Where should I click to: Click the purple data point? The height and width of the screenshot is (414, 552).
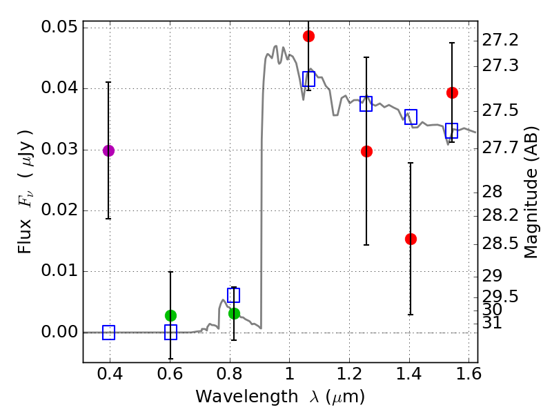(x=108, y=150)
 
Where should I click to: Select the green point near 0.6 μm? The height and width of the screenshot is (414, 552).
(x=170, y=315)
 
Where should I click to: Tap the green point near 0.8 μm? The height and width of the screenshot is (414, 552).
(x=234, y=313)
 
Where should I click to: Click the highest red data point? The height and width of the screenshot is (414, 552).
(x=308, y=36)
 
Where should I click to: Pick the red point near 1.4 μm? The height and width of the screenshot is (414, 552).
(x=411, y=239)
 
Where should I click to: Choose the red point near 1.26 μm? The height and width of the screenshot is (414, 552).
(x=366, y=151)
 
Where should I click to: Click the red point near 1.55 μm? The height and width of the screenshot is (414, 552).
(x=452, y=92)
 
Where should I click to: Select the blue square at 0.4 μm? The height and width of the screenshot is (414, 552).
(x=108, y=333)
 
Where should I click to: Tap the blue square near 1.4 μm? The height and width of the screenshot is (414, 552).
(x=411, y=116)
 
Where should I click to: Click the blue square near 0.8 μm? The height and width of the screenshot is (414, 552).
(x=233, y=295)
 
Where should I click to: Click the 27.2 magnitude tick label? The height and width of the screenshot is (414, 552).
(x=502, y=41)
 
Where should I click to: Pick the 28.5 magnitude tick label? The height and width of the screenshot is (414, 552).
(x=502, y=243)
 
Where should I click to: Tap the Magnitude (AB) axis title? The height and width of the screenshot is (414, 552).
(x=531, y=193)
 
